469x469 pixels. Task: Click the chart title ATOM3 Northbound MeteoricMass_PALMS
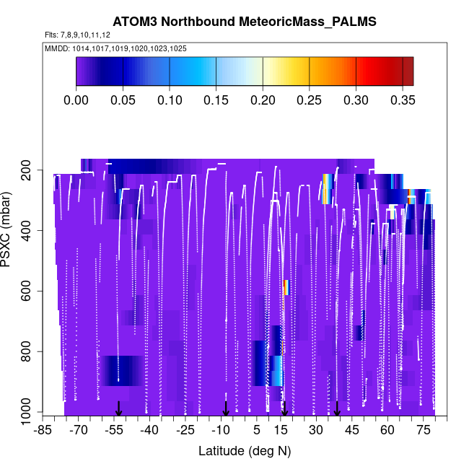[245, 23]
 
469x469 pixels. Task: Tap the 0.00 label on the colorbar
[76, 100]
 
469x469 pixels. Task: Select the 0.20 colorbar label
[263, 100]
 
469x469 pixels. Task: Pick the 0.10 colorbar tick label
[170, 100]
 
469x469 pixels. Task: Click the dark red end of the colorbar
[408, 71]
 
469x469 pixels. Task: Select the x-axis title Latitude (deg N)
[245, 451]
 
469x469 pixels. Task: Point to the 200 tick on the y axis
[32, 170]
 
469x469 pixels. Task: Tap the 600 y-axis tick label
[32, 292]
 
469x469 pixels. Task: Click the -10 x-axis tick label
[221, 431]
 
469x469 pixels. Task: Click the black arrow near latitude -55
[119, 409]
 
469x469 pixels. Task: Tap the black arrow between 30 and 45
[337, 409]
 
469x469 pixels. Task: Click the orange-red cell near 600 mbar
[286, 287]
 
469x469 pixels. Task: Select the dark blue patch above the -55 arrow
[119, 370]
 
